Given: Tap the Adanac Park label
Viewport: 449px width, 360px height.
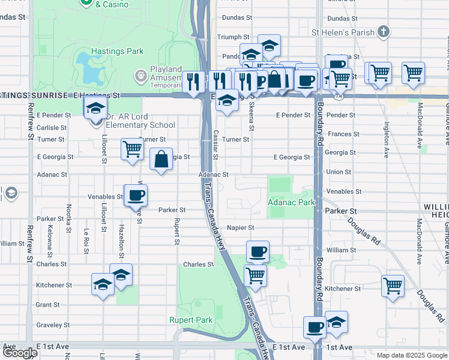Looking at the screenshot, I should tap(291, 203).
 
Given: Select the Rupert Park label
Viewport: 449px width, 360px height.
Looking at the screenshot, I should tap(191, 320).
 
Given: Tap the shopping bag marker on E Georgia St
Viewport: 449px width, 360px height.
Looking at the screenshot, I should tap(161, 160).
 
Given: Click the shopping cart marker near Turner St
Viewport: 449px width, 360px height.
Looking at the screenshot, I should tap(132, 149).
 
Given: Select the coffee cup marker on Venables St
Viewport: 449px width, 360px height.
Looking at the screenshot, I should tap(136, 195).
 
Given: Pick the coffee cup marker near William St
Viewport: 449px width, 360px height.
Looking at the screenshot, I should tap(258, 252).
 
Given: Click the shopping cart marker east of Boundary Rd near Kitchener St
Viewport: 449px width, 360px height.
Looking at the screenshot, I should tap(393, 286).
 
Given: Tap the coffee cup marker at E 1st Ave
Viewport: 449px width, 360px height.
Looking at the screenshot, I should tap(315, 328).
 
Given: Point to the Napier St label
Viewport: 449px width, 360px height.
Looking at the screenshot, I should tap(241, 228).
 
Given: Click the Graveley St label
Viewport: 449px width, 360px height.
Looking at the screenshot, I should tap(51, 325).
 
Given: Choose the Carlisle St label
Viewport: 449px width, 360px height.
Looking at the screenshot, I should tap(51, 128).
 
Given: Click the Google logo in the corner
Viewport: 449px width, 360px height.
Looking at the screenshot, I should tap(20, 353).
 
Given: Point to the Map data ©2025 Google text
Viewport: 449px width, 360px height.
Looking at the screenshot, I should tap(411, 355).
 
